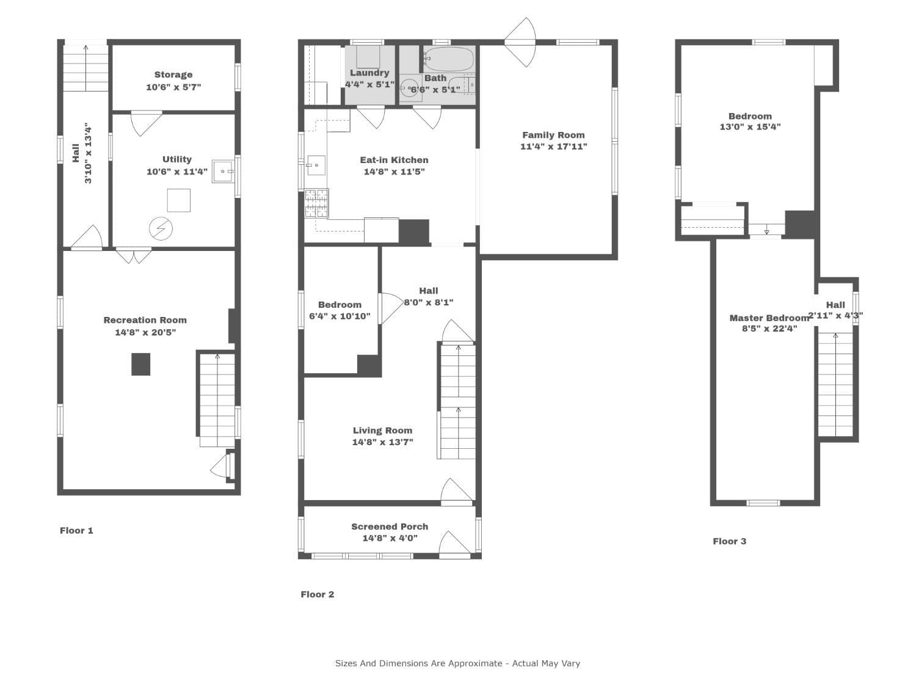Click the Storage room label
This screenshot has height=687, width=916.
click(x=173, y=75)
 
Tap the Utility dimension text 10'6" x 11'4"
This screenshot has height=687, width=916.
click(x=177, y=172)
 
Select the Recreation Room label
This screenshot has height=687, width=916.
click(x=145, y=320)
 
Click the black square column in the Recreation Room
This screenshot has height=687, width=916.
click(x=140, y=364)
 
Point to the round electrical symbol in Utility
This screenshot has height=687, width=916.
click(x=161, y=228)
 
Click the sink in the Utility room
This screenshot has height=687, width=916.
click(x=222, y=171)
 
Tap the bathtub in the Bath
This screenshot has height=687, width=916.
click(x=449, y=59)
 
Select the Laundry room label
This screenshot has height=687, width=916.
click(x=369, y=73)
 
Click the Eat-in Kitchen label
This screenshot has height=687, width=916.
click(x=394, y=160)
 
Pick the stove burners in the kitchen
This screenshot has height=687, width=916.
click(x=316, y=203)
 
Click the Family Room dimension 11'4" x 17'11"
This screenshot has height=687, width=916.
click(x=553, y=147)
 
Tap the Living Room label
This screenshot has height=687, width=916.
click(x=382, y=430)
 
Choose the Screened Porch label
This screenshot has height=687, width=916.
click(x=390, y=526)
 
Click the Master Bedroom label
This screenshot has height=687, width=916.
click(x=769, y=318)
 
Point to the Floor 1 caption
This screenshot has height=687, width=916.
click(x=76, y=531)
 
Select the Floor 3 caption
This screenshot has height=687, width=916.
click(x=730, y=542)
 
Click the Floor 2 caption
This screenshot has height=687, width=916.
click(x=317, y=594)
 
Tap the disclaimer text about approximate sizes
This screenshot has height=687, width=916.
click(x=457, y=663)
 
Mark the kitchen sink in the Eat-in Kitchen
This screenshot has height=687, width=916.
click(x=316, y=165)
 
